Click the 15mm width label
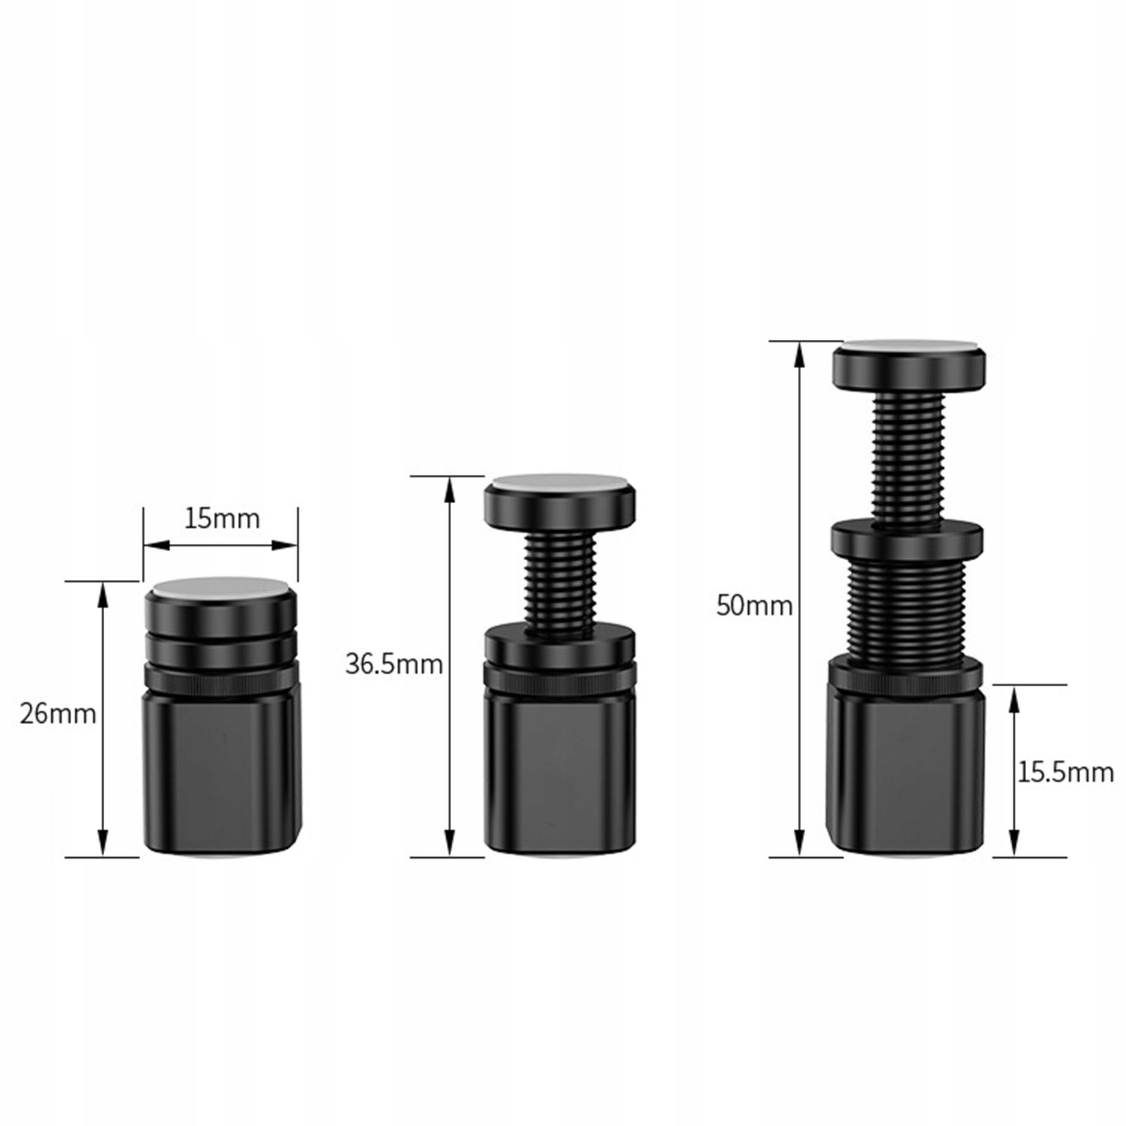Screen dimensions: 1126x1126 pos(222,519)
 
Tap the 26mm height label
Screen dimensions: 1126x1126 pos(58,714)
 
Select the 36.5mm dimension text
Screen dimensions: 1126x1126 pos(393,664)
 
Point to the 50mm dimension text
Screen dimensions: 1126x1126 pos(754,605)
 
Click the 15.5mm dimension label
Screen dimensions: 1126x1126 pos(1065,773)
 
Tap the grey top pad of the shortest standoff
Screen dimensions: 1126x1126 pos(221,588)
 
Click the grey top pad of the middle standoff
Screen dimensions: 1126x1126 pos(560,482)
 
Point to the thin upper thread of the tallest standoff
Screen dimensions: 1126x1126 pos(909,457)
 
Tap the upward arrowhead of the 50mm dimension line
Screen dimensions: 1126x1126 pos(799,355)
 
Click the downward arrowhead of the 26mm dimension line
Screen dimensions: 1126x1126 pos(103,843)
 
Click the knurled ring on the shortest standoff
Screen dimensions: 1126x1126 pos(222,678)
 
